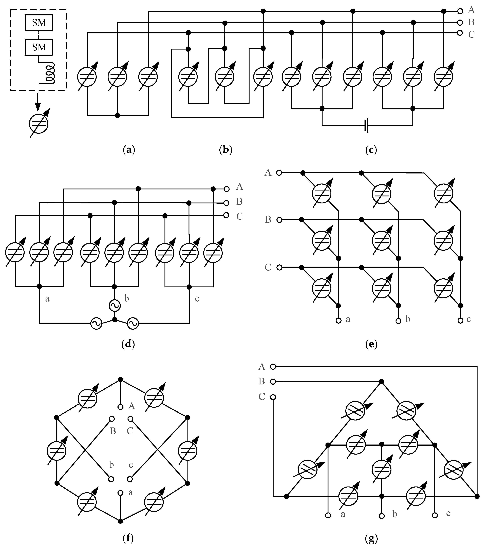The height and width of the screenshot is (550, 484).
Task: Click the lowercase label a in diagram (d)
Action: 47,299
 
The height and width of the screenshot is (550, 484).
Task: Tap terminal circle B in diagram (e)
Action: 279,220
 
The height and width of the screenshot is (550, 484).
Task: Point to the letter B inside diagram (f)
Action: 113,431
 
